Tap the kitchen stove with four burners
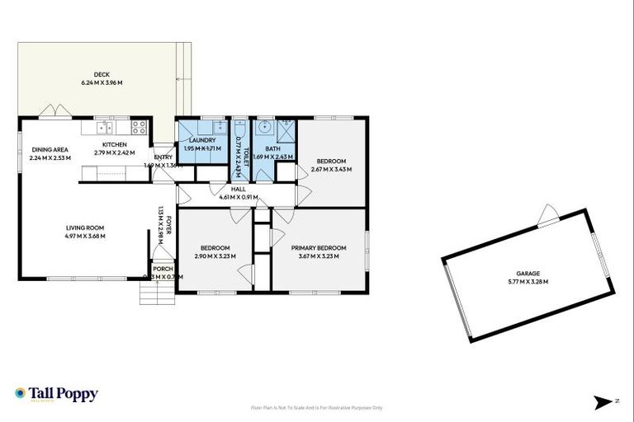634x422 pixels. coord(139,128)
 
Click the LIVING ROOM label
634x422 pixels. coord(86,227)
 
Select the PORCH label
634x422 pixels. coord(163,269)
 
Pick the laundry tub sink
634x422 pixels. coord(219,127)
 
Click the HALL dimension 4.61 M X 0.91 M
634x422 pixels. coord(239,197)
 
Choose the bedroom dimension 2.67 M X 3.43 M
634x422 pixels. coord(331,169)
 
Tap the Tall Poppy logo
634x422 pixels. coord(56,394)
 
